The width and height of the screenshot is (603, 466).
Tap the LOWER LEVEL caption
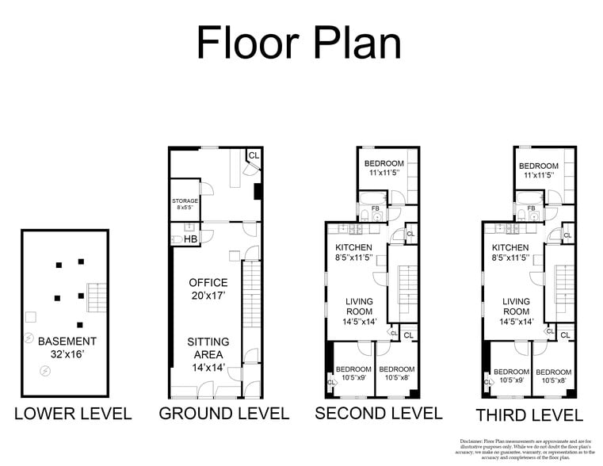click(x=73, y=414)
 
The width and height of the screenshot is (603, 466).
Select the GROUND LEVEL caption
click(x=224, y=414)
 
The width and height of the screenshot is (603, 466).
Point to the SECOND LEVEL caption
click(x=378, y=413)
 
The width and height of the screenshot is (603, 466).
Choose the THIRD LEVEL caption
click(x=529, y=414)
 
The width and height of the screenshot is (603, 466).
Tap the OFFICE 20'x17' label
click(x=208, y=289)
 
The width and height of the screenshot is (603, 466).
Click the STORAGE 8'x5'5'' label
click(x=185, y=204)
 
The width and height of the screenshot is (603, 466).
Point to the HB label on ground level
click(x=190, y=239)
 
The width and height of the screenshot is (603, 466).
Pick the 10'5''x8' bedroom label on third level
click(x=553, y=376)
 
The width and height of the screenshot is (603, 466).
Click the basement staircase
click(x=96, y=298)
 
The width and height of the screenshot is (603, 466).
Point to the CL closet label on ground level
click(x=254, y=155)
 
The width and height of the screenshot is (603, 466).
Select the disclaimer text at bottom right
click(x=526, y=449)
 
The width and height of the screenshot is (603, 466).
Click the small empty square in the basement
click(x=30, y=317)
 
